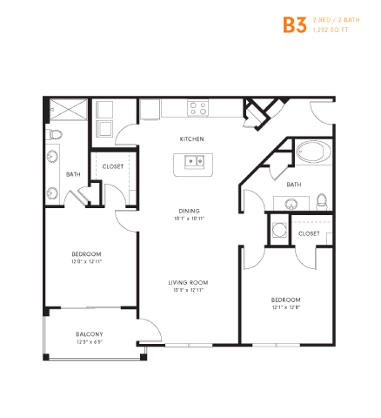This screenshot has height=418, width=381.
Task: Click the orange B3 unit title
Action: (296, 23)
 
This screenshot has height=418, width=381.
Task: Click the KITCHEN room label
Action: (191, 139)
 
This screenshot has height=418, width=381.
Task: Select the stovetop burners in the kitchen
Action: (198, 109)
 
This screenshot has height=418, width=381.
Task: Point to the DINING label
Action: (190, 212)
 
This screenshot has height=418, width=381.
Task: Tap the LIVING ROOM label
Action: (189, 283)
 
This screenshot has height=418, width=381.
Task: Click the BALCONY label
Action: (89, 334)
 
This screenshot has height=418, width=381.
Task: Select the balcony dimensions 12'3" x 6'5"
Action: (89, 342)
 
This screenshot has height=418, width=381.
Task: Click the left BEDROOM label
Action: (87, 253)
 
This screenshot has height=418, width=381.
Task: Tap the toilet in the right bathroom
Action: (321, 200)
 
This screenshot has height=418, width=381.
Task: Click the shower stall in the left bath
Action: (66, 111)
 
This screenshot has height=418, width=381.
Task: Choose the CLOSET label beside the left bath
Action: (113, 166)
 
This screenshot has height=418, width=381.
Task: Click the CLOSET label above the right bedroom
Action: (309, 233)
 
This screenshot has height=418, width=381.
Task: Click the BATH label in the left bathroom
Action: (73, 174)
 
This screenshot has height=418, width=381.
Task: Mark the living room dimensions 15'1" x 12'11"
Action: (189, 290)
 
